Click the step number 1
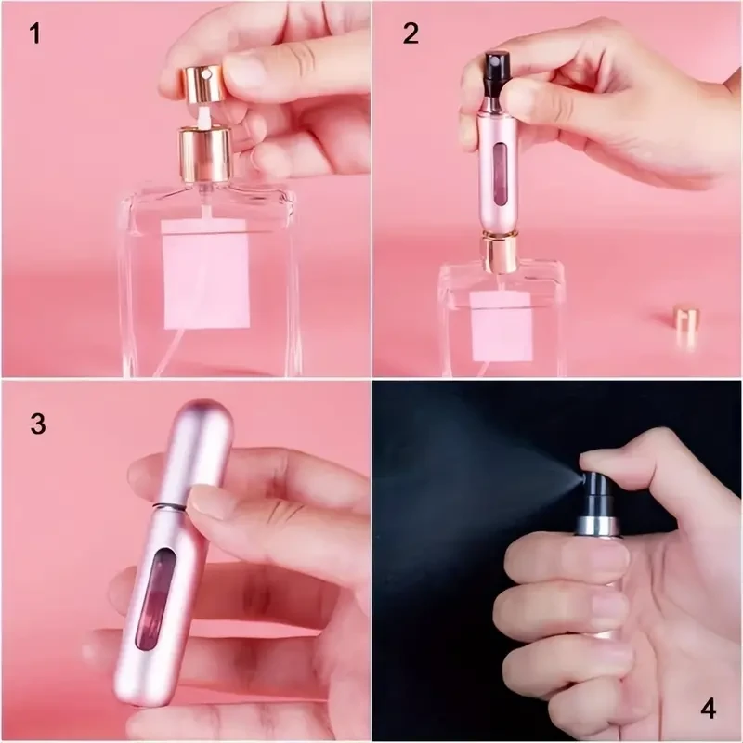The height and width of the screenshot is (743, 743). [x=35, y=35]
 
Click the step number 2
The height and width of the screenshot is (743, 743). [x=411, y=35]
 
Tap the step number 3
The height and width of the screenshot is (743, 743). [x=37, y=424]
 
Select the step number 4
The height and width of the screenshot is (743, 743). [x=708, y=710]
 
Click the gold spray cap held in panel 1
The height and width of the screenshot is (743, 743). [x=202, y=82]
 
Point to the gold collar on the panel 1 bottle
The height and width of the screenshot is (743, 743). [x=204, y=154]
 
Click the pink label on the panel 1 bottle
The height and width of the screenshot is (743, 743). [x=205, y=273]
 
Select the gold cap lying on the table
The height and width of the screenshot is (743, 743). [x=686, y=325]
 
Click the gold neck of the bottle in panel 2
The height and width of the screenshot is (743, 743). [x=500, y=253]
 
